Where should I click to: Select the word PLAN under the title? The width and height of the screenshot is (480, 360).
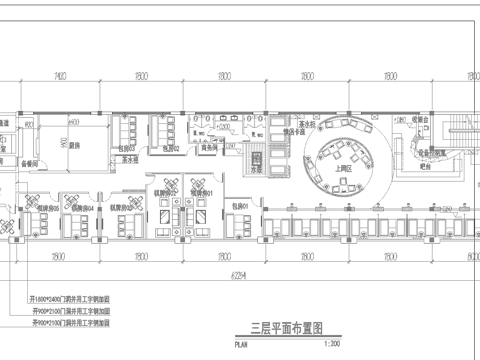pos(239,341)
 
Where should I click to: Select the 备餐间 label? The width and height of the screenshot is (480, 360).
pos(30,161)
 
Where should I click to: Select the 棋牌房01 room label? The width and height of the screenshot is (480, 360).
pos(203,193)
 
